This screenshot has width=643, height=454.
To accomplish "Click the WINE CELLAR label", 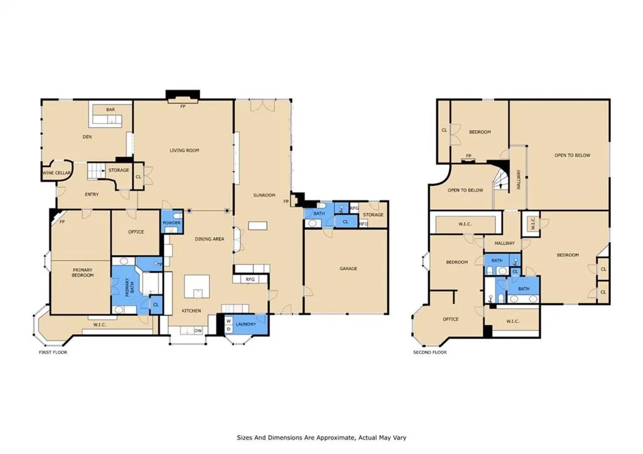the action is pyautogui.click(x=57, y=173).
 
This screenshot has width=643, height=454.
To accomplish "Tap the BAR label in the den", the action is pyautogui.click(x=111, y=110).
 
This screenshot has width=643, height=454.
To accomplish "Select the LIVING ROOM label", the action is pyautogui.click(x=185, y=151).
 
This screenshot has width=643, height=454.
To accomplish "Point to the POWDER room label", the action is pyautogui.click(x=171, y=223).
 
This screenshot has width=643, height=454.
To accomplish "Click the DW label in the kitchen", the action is pyautogui.click(x=198, y=330).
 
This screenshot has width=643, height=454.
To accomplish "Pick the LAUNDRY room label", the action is pyautogui.click(x=246, y=324).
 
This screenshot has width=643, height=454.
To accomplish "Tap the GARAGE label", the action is pyautogui.click(x=348, y=269).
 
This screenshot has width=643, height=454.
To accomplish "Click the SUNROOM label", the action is pyautogui.click(x=264, y=195).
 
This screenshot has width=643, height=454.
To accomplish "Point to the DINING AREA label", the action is pyautogui.click(x=209, y=239).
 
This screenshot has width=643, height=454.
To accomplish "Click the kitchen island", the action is pyautogui.click(x=197, y=287).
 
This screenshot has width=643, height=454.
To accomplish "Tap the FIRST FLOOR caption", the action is pyautogui.click(x=53, y=352).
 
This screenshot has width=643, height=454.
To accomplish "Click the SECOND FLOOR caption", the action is pyautogui.click(x=430, y=352).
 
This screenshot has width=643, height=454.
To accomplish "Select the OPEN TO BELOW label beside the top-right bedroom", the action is pyautogui.click(x=572, y=156).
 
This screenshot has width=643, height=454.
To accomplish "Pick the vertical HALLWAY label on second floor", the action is pyautogui.click(x=518, y=179).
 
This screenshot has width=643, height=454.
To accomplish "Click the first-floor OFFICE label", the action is pyautogui.click(x=136, y=232).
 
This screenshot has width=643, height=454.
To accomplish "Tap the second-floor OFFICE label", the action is pyautogui.click(x=451, y=319).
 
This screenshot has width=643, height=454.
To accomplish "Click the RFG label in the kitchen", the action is pyautogui.click(x=251, y=279).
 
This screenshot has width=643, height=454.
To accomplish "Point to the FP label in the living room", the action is pyautogui.click(x=183, y=106).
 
